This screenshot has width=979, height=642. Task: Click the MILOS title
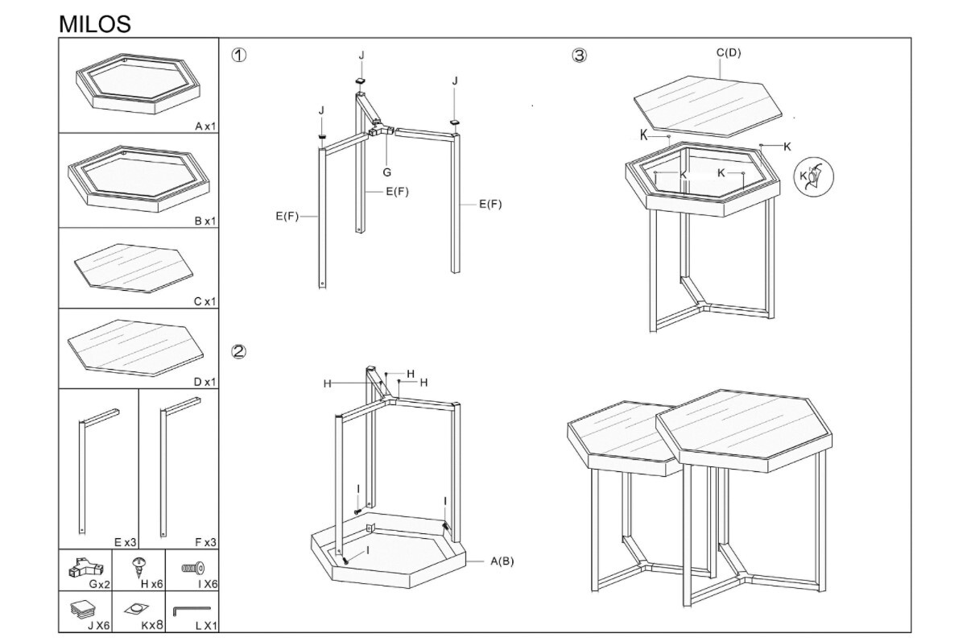click(95, 24)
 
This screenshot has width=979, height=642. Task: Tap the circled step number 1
click(238, 56)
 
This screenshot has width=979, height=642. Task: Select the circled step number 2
click(238, 352)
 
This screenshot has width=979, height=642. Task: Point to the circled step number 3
click(580, 56)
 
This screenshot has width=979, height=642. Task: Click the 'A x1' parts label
click(205, 126)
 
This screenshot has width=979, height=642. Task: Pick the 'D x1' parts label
click(204, 382)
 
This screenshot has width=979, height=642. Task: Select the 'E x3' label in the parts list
click(126, 542)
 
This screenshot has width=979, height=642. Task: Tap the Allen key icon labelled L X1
click(192, 611)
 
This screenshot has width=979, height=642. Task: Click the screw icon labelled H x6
click(139, 567)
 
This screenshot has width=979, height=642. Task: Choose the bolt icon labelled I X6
click(192, 568)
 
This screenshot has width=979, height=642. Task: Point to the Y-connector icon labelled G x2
click(86, 568)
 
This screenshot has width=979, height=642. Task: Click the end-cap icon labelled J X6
click(84, 609)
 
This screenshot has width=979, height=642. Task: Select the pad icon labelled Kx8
click(136, 608)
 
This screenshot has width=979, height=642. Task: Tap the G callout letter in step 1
click(386, 172)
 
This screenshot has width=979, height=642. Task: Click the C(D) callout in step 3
click(729, 52)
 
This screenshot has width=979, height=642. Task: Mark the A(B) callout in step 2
click(502, 561)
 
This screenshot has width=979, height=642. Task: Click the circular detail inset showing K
click(813, 176)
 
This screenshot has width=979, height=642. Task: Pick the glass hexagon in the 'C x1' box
click(134, 267)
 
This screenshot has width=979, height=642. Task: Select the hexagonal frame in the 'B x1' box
click(139, 179)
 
